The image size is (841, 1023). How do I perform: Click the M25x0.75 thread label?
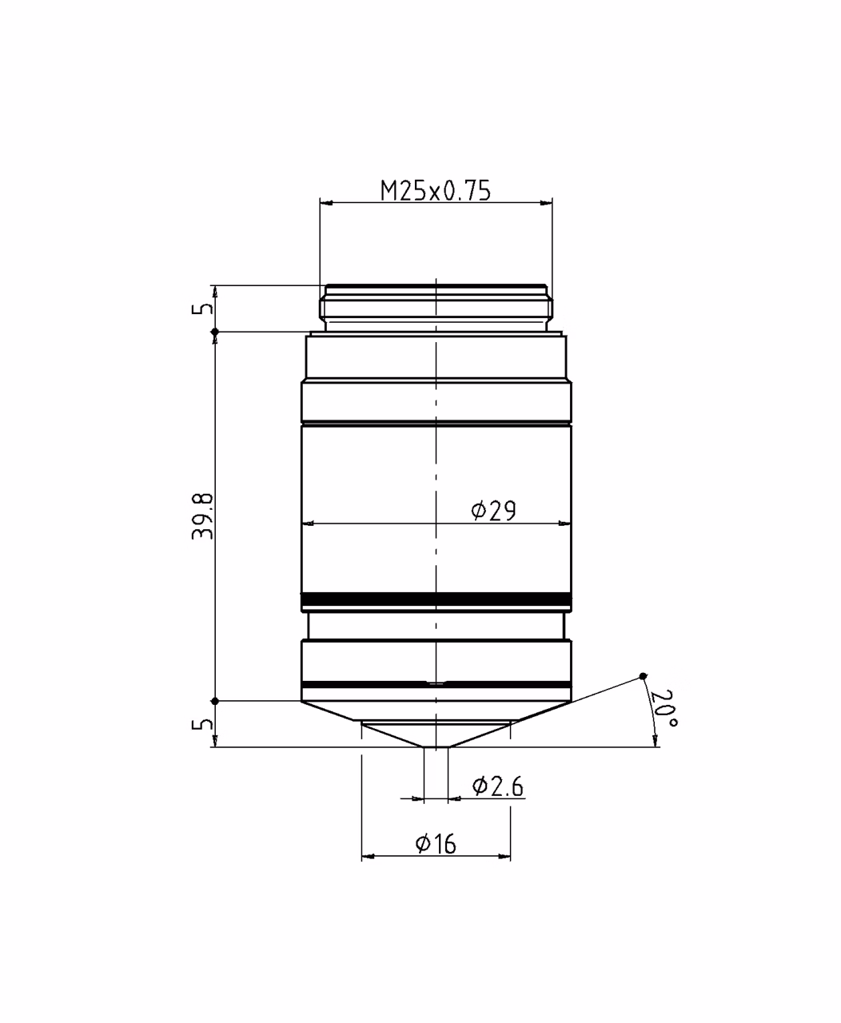click(x=436, y=190)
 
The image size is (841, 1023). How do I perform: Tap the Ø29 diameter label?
click(x=493, y=510)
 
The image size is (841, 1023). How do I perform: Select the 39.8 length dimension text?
click(x=202, y=516)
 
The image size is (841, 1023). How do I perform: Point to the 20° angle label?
click(x=664, y=708)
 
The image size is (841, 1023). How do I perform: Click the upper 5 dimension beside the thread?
click(x=202, y=308)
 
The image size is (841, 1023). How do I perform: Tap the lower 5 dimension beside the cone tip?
click(x=202, y=724)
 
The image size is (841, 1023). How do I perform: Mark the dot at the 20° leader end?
click(x=643, y=676)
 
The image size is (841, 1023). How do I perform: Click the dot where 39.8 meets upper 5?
click(x=216, y=332)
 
